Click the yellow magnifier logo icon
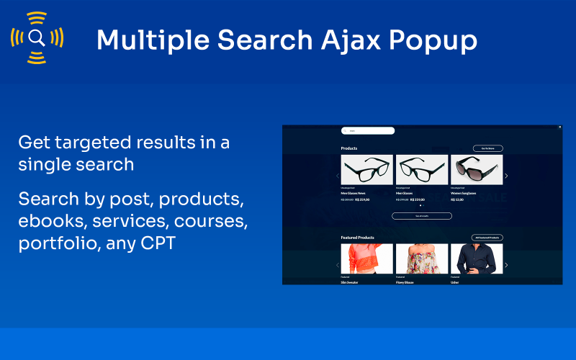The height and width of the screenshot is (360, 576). click(37, 37)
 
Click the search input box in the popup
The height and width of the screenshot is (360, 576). click(368, 131)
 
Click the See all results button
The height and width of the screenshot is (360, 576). click(422, 216)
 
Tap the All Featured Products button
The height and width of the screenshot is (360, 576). click(487, 238)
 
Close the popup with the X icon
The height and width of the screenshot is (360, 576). click(559, 127)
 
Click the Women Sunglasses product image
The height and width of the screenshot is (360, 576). click(477, 171)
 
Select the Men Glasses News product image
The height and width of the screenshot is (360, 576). click(366, 171)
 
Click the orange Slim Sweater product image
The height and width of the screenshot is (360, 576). click(366, 259)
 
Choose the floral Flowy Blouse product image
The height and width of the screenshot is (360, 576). click(422, 259)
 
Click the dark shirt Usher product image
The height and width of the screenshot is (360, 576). click(477, 259)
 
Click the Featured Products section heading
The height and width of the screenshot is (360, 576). click(357, 238)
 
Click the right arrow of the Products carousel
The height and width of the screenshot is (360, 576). click(506, 176)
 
